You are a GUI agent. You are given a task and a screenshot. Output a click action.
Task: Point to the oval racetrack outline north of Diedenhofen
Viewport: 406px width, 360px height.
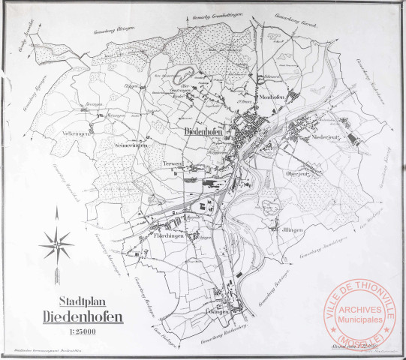(x=184, y=75)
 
